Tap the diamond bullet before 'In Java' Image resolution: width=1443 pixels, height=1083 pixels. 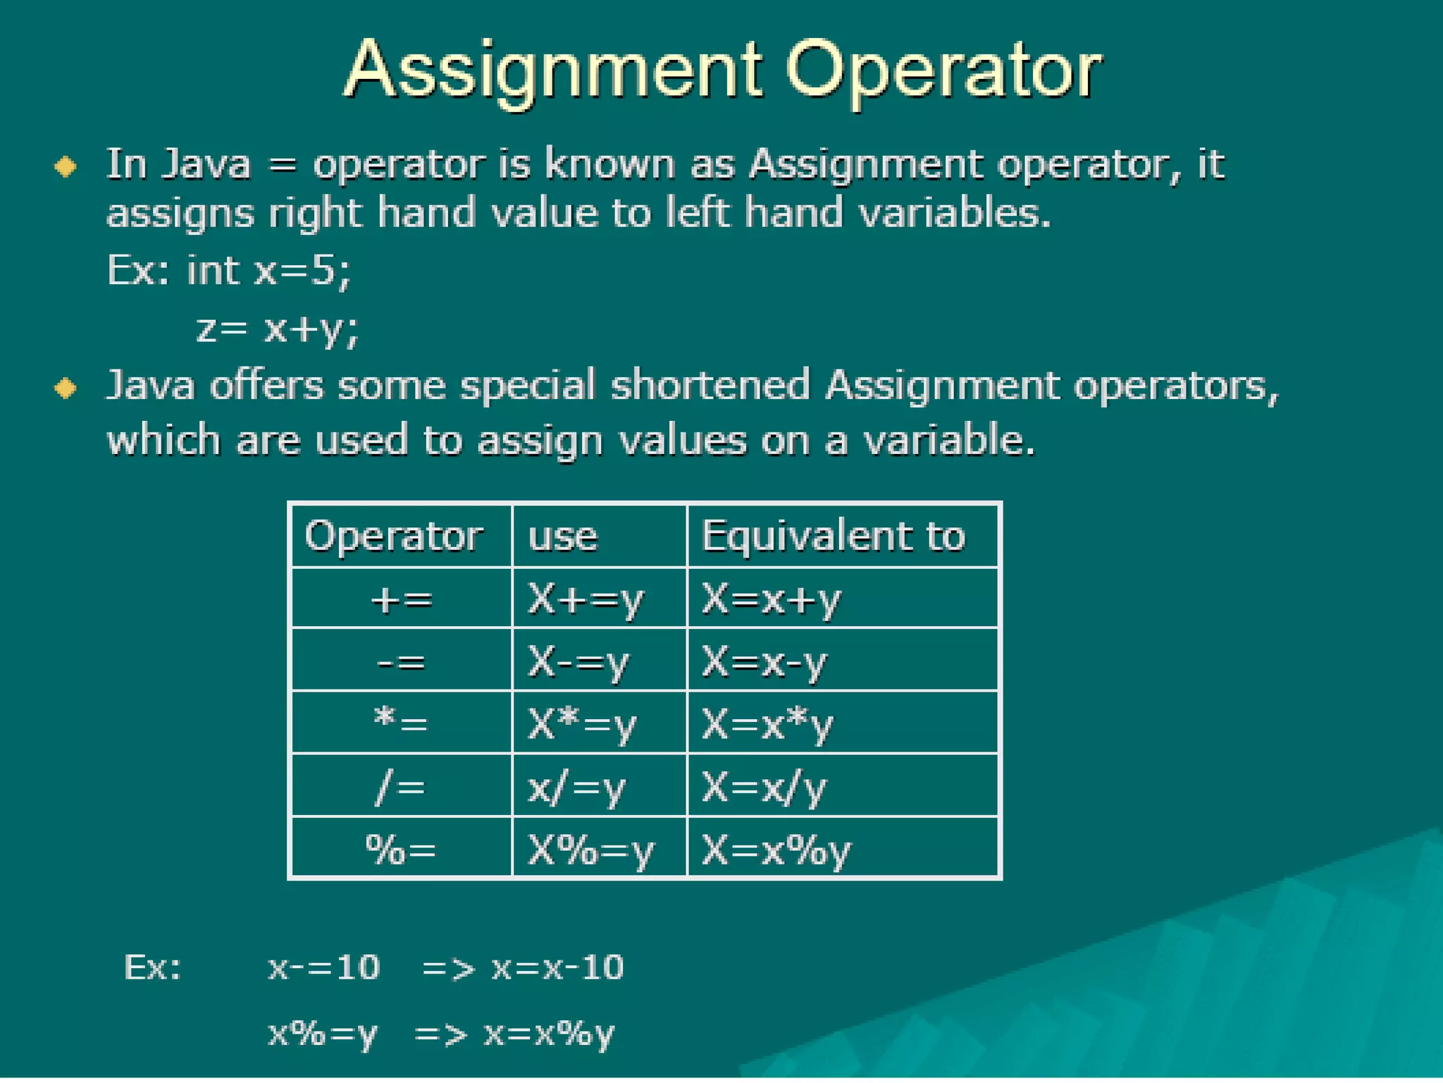coord(66,167)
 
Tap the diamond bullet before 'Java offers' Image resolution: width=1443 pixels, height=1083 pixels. coord(66,388)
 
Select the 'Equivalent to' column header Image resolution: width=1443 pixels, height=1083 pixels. coord(833,536)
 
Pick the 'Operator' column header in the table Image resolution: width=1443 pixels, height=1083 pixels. coord(393,536)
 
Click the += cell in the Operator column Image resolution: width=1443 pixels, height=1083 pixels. coord(401,599)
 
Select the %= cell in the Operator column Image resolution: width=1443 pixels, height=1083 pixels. coord(401,850)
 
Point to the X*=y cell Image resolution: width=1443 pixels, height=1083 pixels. coord(582,724)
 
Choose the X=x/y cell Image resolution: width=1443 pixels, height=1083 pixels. coord(764,787)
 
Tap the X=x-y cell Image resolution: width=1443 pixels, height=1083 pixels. coord(764,662)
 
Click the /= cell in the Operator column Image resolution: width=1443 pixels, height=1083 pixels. coord(401,787)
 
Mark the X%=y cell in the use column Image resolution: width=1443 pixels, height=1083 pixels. coord(590,850)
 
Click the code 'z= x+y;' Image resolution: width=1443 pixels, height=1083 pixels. coord(278,329)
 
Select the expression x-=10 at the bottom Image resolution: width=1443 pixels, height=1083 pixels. coord(324,967)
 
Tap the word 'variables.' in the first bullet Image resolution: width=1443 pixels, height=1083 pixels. coord(955,213)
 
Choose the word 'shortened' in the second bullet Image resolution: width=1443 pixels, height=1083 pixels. coord(710,386)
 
